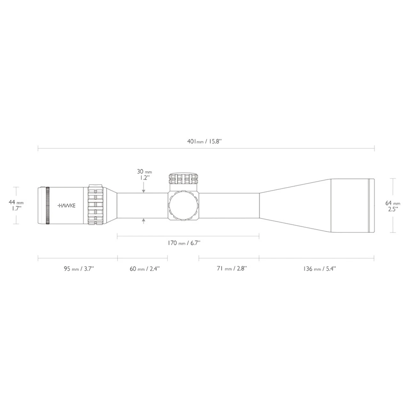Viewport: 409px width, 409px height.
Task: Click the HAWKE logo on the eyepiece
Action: [66, 206]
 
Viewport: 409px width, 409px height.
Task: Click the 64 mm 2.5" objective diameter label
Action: [393, 206]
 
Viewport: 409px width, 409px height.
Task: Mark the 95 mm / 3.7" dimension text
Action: [78, 269]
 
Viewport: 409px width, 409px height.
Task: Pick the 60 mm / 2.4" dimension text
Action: [144, 269]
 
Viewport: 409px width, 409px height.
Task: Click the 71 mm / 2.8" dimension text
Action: [232, 269]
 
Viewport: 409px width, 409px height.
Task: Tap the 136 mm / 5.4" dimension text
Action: [320, 269]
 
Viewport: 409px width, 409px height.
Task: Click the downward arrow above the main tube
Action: [144, 190]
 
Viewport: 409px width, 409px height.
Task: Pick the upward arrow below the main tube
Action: [144, 220]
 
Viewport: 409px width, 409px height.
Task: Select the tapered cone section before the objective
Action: [294, 205]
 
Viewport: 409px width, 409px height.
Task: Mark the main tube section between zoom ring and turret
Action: [142, 205]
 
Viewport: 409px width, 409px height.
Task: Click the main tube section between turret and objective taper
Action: [228, 205]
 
